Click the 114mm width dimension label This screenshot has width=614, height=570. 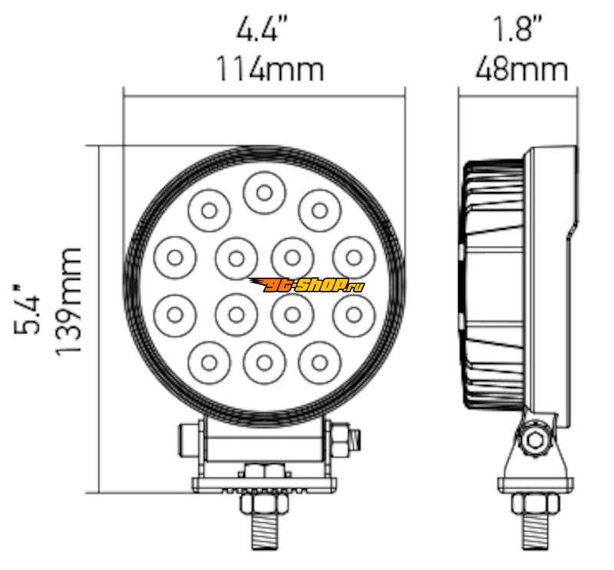(270, 69)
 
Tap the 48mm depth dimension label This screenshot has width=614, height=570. (521, 69)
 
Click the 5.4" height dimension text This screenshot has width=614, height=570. (27, 310)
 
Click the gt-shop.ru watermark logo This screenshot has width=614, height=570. (306, 285)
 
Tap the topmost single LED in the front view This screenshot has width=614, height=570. (264, 193)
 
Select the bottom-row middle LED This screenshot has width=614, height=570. (264, 363)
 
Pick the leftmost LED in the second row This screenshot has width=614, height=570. (175, 258)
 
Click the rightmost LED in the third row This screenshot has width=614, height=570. (354, 315)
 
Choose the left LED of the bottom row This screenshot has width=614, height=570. (209, 363)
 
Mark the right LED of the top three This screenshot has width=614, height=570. (319, 211)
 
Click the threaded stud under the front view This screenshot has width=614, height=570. (264, 532)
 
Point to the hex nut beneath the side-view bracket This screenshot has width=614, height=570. (535, 502)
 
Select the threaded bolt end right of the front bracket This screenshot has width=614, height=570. (355, 440)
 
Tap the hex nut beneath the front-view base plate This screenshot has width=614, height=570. (264, 503)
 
